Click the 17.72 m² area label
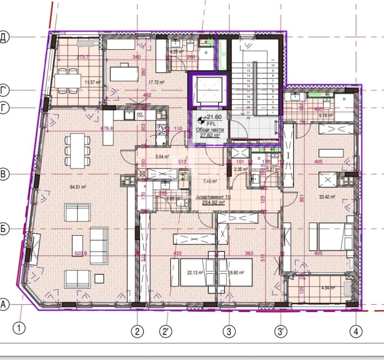tap(156, 83)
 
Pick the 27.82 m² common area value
tap(210, 135)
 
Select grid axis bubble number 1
tap(19, 329)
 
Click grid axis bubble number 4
tap(356, 331)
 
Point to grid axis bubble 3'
tap(281, 331)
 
